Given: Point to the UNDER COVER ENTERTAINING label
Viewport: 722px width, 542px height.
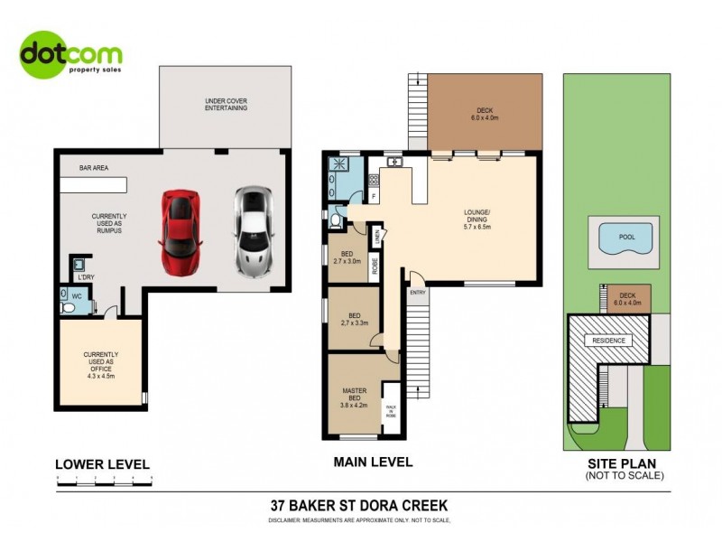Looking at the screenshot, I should point(226,104).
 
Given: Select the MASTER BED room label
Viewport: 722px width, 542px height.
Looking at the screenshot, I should point(352,396).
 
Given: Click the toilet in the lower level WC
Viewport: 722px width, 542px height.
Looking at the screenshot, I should point(69,307).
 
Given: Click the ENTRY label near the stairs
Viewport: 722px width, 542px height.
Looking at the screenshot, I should point(418,293).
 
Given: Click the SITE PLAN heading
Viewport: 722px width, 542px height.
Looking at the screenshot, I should point(624,462).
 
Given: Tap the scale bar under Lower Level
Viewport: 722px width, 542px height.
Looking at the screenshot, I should point(104,477).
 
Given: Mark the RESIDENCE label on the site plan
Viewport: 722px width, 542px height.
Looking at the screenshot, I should point(607,341).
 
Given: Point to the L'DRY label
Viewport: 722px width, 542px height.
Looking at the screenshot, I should point(86,276).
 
